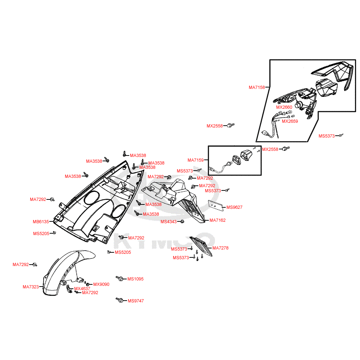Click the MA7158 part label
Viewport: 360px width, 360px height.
point(257,87)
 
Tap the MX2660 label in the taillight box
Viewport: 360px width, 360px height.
point(284,107)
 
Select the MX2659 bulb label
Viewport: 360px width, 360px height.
point(290,121)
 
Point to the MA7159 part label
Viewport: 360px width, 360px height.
point(195,160)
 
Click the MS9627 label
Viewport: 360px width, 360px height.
point(234,207)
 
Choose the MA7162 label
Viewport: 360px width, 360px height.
point(217,220)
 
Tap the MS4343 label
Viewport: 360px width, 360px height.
point(168,222)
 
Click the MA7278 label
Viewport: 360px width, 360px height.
point(220,248)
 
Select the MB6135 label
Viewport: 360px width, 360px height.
point(41,222)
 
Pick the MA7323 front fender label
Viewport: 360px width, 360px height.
point(31,287)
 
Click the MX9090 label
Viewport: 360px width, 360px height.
point(101,284)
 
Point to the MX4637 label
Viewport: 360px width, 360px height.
point(82,289)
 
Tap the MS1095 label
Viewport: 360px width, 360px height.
point(135,279)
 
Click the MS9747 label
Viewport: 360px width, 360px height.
point(136,301)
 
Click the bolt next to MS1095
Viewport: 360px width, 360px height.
point(120,279)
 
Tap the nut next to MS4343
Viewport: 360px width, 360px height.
point(182,221)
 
